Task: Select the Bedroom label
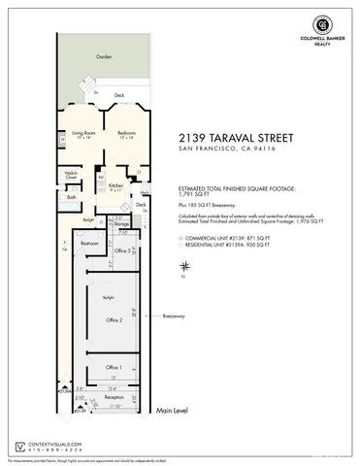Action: click(x=127, y=132)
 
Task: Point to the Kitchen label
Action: click(x=115, y=184)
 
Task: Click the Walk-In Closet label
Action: click(x=72, y=177)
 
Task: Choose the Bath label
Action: click(x=72, y=198)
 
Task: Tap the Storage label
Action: click(x=122, y=223)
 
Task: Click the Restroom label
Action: click(x=89, y=244)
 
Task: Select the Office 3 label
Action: click(x=123, y=250)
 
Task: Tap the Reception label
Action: click(x=115, y=397)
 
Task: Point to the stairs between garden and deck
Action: click(x=96, y=90)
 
